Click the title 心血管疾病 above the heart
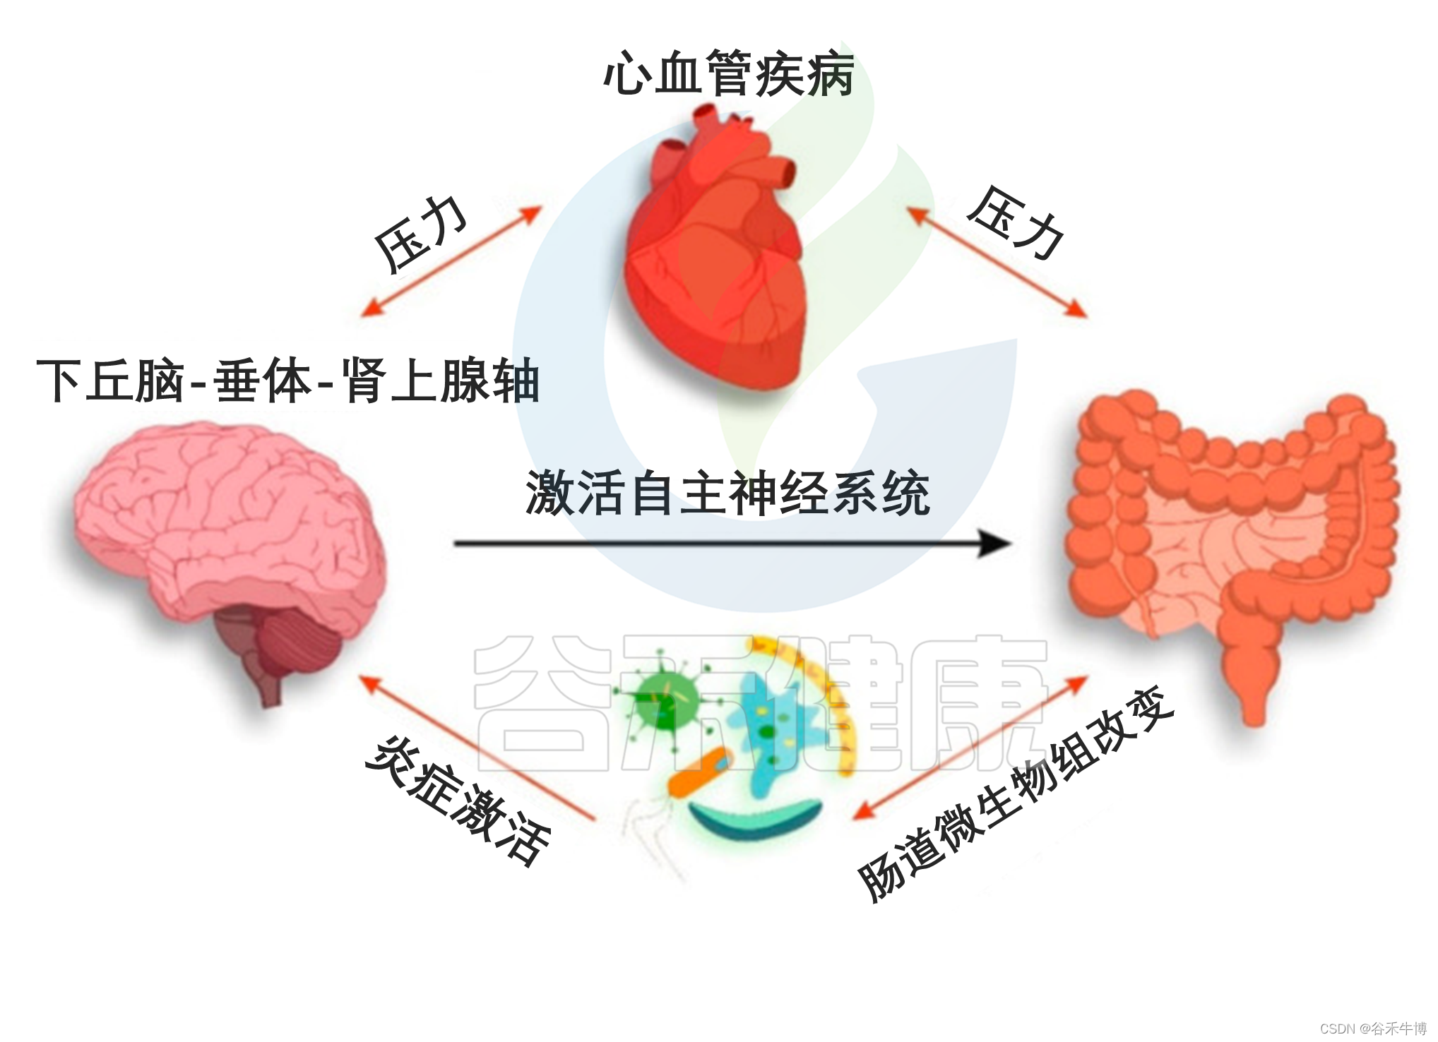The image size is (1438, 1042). click(x=728, y=73)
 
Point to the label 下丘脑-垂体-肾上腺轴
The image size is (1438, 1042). click(x=288, y=381)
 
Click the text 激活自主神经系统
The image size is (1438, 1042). click(x=727, y=493)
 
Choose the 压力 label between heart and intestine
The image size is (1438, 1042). click(x=1015, y=223)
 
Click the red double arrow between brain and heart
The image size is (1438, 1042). click(x=451, y=261)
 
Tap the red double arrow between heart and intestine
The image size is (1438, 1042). click(x=996, y=262)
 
